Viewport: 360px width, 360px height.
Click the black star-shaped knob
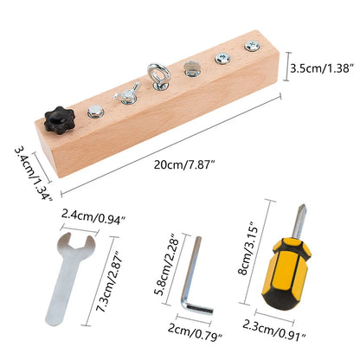[x=60, y=120]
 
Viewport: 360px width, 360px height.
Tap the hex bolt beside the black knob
[x=95, y=112]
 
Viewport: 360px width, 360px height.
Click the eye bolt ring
[x=159, y=73]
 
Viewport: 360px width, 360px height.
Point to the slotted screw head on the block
[x=190, y=68]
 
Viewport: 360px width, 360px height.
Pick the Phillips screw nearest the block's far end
[x=252, y=46]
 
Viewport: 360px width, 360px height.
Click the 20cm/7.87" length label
[x=184, y=165]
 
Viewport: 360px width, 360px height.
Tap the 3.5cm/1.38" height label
[x=322, y=68]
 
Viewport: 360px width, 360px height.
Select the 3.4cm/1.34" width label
[x=34, y=174]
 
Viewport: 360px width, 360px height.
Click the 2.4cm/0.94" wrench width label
[x=93, y=216]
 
